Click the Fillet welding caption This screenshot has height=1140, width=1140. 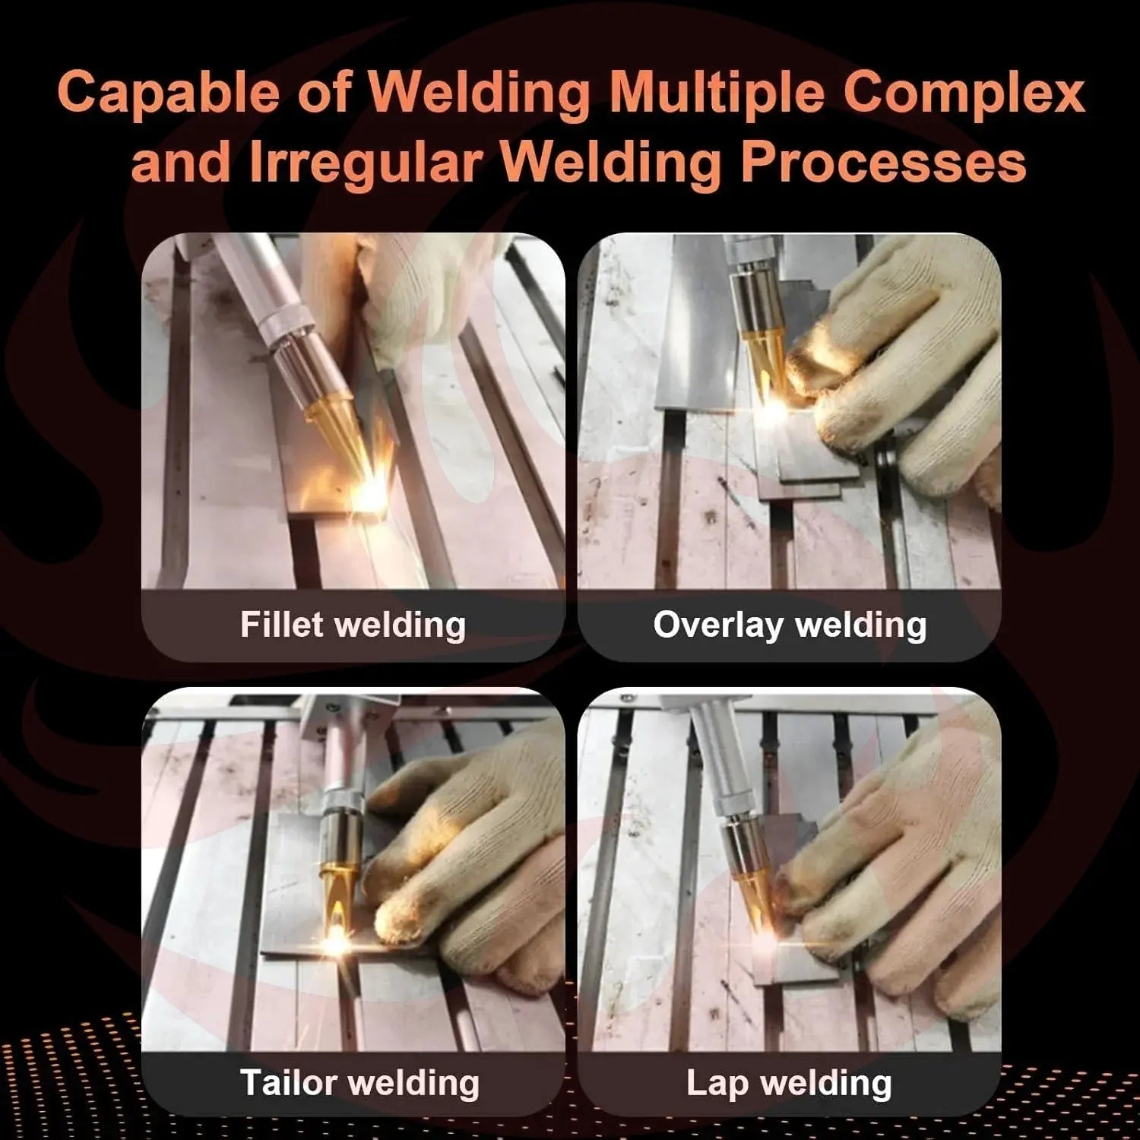353,625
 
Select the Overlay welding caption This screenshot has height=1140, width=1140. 790,625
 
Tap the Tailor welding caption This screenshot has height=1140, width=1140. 359,1082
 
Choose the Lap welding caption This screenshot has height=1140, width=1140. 789,1082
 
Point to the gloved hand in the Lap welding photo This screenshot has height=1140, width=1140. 882,859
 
